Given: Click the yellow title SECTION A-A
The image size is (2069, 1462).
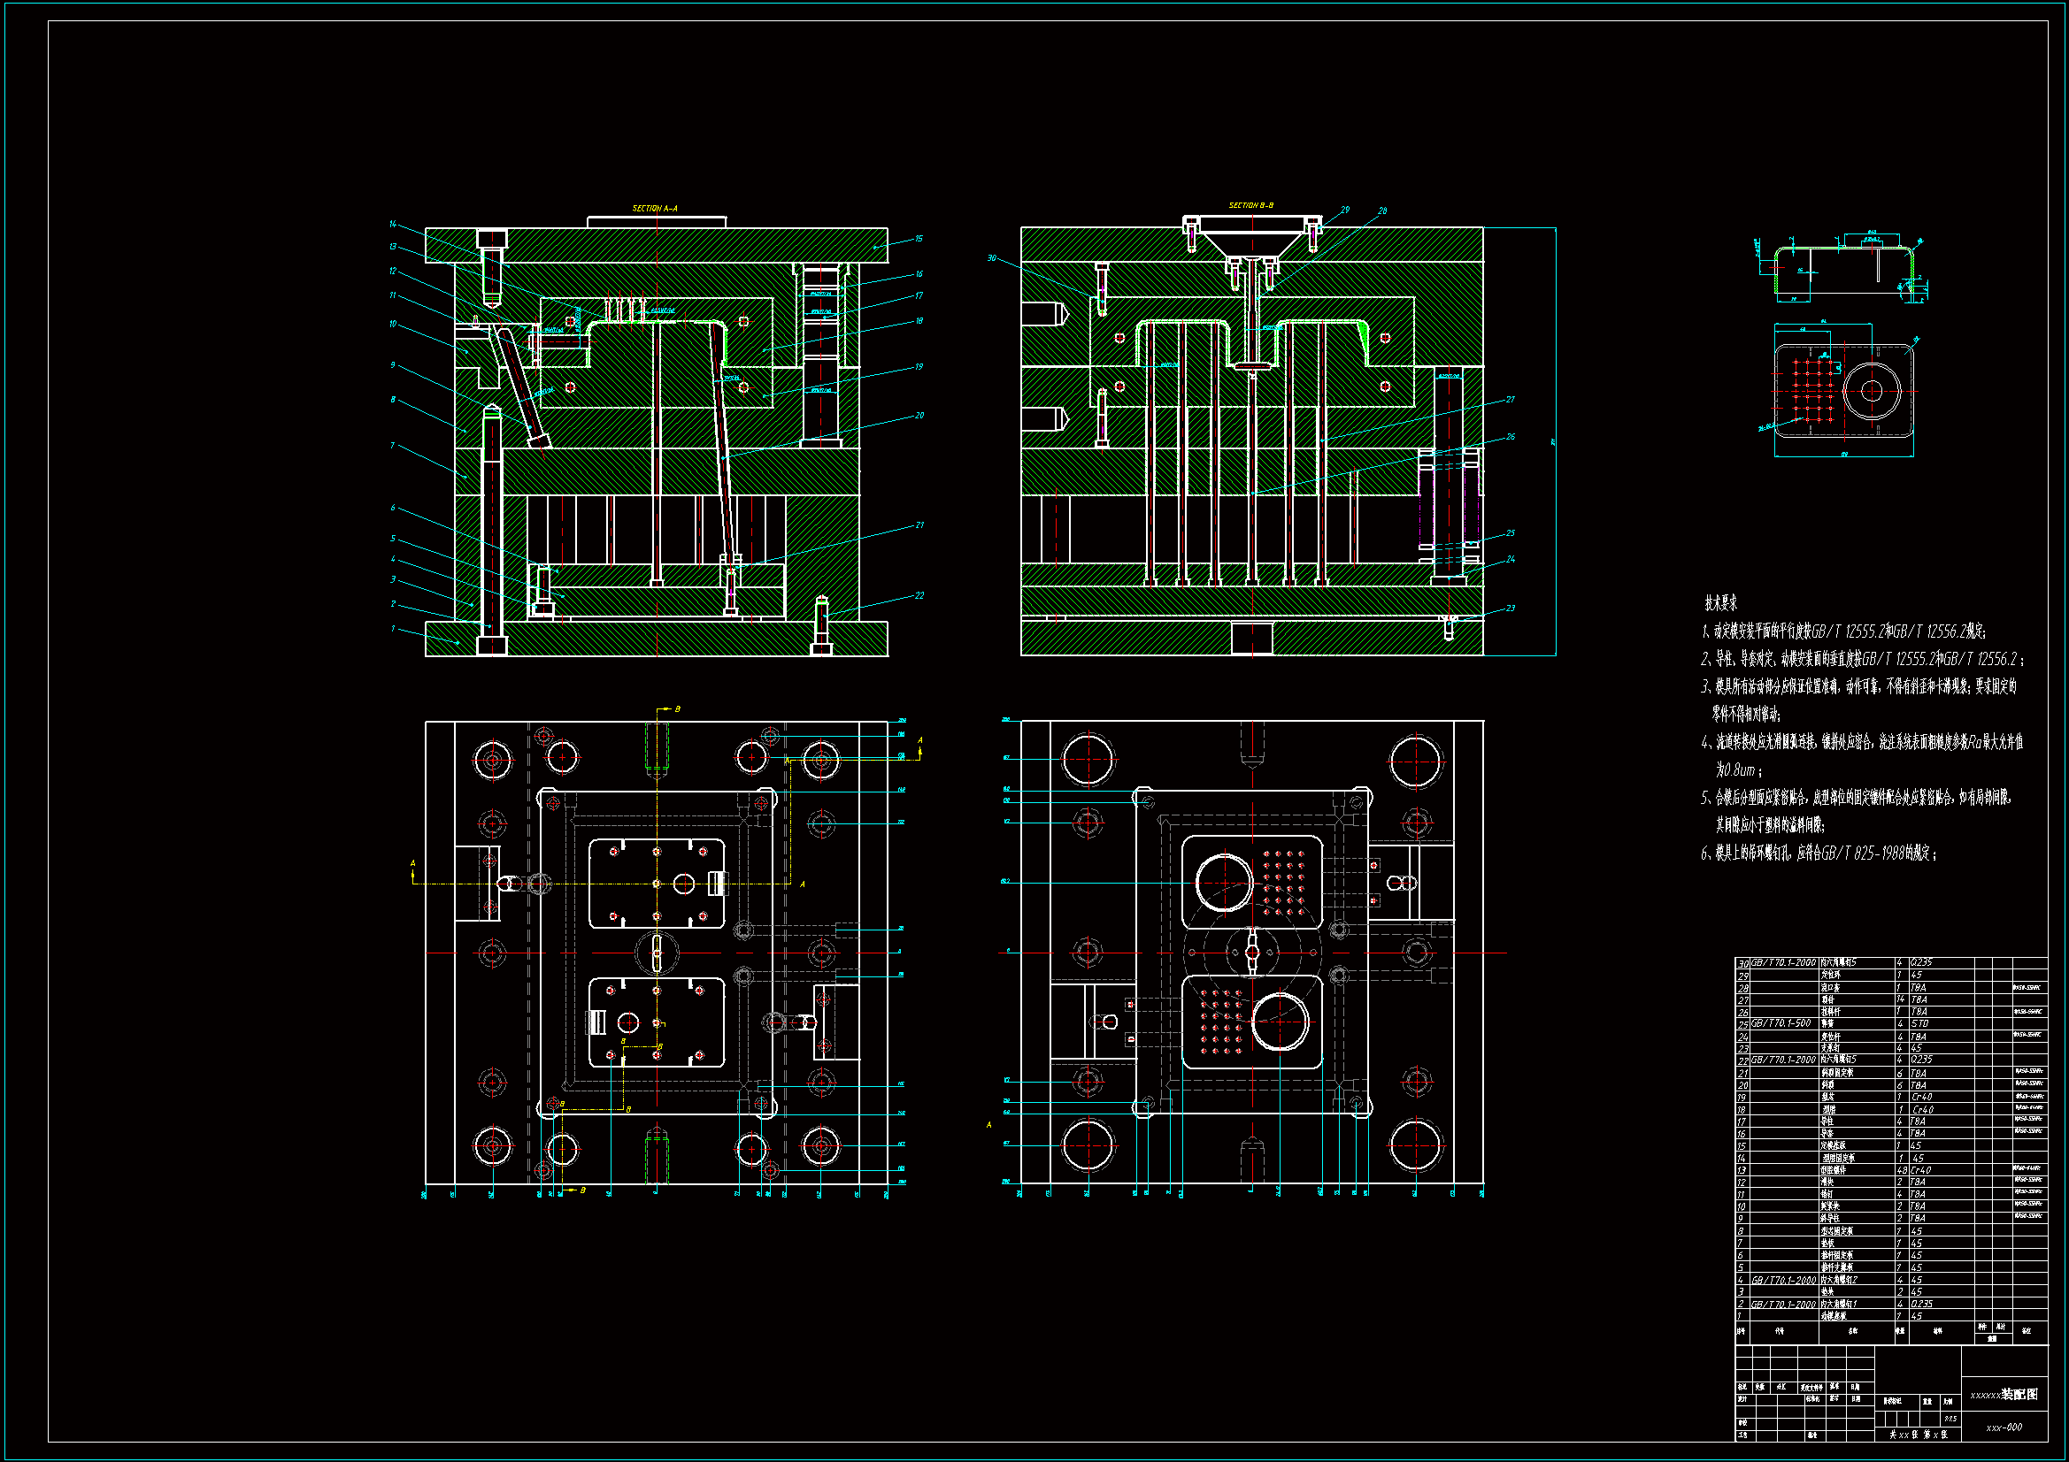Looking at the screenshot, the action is click(x=654, y=209).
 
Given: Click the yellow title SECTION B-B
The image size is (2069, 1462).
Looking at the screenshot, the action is click(x=1250, y=205).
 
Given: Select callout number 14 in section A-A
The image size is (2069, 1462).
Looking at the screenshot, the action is click(x=393, y=225).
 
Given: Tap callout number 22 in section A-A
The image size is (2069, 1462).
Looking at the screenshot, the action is click(x=919, y=595).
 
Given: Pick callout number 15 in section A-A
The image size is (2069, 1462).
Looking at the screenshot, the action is click(x=919, y=239).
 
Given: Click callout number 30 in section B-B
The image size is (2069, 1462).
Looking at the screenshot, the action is click(x=992, y=258).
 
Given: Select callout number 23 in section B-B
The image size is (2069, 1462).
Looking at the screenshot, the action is click(x=1511, y=608).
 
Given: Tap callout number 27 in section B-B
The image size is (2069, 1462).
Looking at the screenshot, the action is click(x=1511, y=399).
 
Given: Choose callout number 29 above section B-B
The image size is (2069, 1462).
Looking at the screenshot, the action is click(x=1345, y=210).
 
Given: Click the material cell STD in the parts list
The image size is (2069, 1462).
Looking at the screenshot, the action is click(x=1919, y=1023).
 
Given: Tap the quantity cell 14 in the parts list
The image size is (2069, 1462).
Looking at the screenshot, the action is click(x=1901, y=999).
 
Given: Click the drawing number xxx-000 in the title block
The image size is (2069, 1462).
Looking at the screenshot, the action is click(x=2004, y=1427).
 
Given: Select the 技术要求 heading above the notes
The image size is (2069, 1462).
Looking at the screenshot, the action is click(x=1720, y=603).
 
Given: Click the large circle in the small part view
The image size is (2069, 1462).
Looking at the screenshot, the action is click(x=1872, y=391).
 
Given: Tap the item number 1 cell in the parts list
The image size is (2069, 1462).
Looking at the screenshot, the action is click(x=1742, y=1316).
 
